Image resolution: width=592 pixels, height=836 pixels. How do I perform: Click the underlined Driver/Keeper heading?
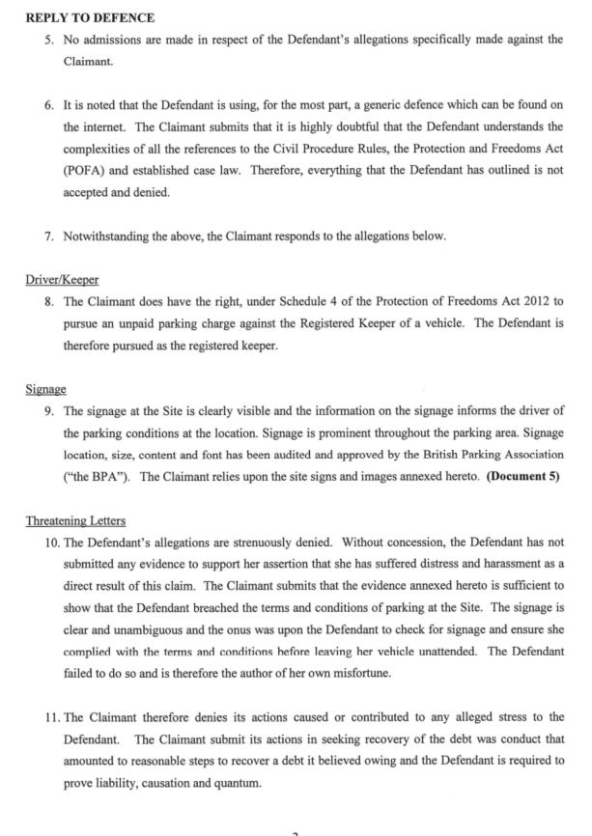coord(62,280)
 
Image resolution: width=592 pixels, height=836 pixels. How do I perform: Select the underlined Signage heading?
coord(45,389)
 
